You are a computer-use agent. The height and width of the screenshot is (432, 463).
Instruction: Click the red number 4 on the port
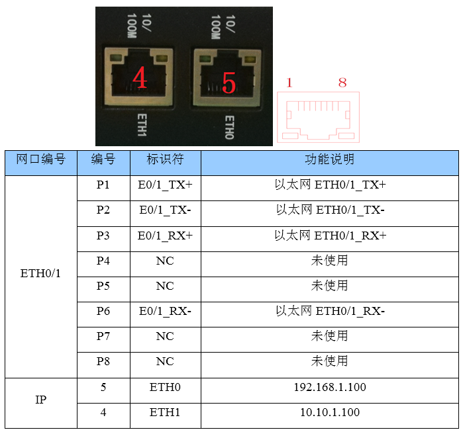coord(140,77)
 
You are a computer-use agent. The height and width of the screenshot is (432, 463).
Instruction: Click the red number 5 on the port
coord(229,83)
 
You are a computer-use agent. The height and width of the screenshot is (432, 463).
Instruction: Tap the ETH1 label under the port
coord(142,125)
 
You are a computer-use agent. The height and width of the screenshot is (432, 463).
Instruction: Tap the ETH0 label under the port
coord(229,128)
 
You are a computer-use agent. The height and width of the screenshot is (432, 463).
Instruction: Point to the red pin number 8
coord(342,83)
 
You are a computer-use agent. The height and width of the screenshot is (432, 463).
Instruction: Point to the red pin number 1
coord(289,83)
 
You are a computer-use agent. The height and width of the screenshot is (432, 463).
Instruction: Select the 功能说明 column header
coord(330,159)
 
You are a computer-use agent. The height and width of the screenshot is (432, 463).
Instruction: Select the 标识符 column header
coord(165,159)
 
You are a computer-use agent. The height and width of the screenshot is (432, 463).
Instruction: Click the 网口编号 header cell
coord(41,159)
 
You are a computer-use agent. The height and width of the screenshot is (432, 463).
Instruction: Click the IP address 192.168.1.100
coord(330,387)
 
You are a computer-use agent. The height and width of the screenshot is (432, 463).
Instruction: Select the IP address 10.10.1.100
coord(330,412)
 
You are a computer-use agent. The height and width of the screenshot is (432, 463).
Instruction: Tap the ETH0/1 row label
coord(40,274)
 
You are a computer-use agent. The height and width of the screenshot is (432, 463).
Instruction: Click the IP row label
coord(41,400)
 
